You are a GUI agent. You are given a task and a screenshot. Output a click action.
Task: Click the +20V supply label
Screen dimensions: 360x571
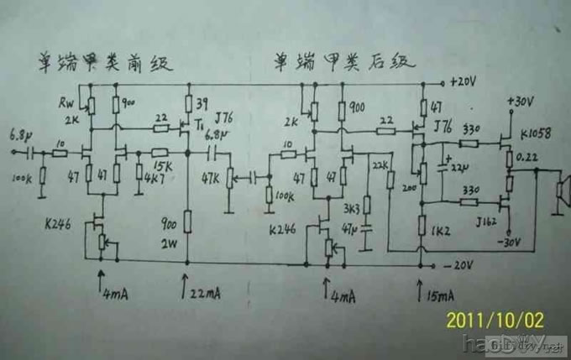click(464, 83)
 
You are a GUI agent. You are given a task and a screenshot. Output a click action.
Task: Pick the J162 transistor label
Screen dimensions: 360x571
click(486, 221)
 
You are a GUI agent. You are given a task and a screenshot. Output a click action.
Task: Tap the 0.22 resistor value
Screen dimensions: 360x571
click(531, 157)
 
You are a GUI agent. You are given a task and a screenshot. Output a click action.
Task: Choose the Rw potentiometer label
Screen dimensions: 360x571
click(66, 102)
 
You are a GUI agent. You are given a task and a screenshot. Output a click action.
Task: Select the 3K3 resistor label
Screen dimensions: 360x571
click(351, 207)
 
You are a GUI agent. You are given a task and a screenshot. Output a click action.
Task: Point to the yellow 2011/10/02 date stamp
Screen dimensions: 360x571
click(495, 320)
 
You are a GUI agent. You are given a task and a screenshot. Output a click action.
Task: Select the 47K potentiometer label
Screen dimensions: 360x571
click(212, 180)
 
